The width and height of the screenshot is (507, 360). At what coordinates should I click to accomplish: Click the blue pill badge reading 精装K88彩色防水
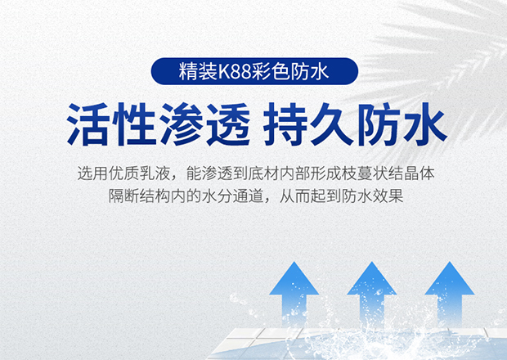(x=254, y=71)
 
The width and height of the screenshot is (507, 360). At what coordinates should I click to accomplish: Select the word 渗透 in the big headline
(x=204, y=124)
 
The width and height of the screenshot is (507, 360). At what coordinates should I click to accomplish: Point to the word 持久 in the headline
(x=308, y=124)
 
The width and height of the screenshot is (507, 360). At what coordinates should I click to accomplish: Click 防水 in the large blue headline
(x=402, y=124)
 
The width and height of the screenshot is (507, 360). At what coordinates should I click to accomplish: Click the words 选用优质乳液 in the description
(x=123, y=173)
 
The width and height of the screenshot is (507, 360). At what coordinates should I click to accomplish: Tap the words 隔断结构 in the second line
(x=139, y=196)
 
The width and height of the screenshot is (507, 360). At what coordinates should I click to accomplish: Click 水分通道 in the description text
(x=232, y=196)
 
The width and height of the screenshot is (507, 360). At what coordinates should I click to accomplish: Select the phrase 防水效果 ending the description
(x=373, y=196)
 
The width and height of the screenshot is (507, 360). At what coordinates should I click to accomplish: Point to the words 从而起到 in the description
(x=310, y=196)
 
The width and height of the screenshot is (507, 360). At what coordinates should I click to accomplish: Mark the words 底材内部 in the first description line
(x=279, y=173)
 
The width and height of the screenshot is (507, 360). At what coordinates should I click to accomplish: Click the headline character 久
(x=331, y=124)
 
